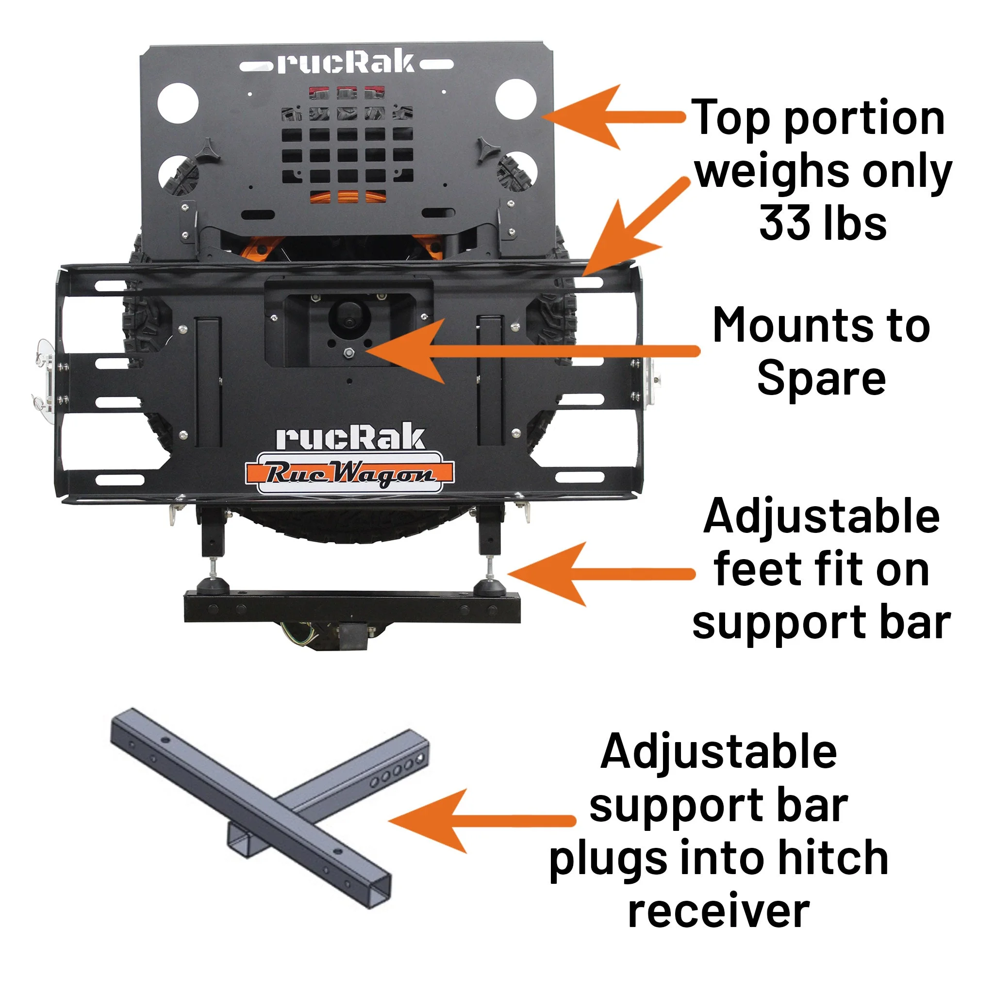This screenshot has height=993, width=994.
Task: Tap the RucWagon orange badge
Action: pyautogui.click(x=349, y=473)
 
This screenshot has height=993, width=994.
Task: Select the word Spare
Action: pyautogui.click(x=821, y=380)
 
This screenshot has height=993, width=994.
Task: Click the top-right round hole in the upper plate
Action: pyautogui.click(x=516, y=99)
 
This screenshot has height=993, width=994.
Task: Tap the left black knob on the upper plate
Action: pyautogui.click(x=207, y=149)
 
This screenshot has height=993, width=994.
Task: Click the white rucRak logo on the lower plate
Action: pyautogui.click(x=350, y=438)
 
